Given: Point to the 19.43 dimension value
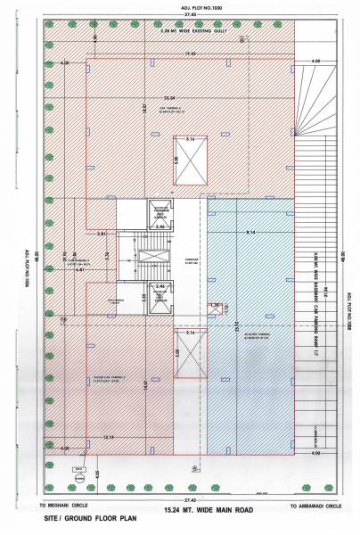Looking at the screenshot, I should coord(190,54).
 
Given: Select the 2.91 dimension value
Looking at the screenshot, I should coord(102,234).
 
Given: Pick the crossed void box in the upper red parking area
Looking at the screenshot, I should coord(189,161).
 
